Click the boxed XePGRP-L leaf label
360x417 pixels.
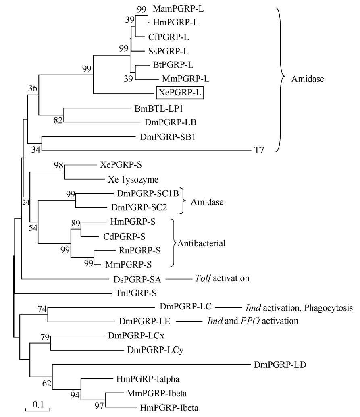(180, 93)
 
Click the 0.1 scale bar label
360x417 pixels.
(38, 404)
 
